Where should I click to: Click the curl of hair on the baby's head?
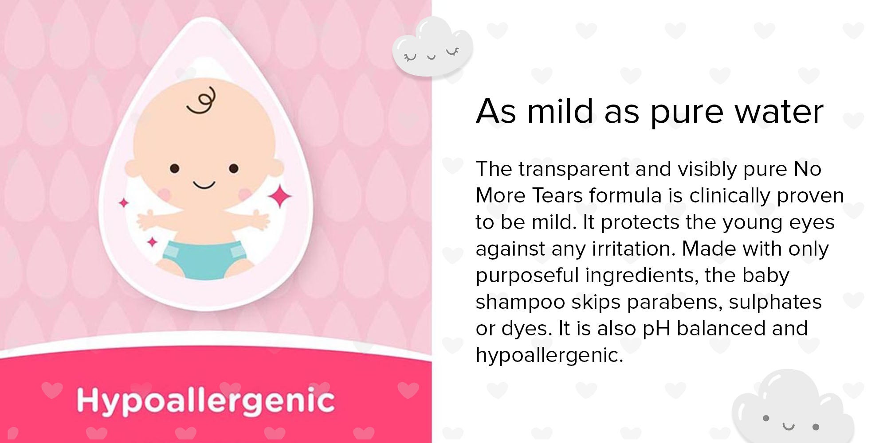202,100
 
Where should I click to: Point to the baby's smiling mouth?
204,184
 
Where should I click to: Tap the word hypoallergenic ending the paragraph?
549,356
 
